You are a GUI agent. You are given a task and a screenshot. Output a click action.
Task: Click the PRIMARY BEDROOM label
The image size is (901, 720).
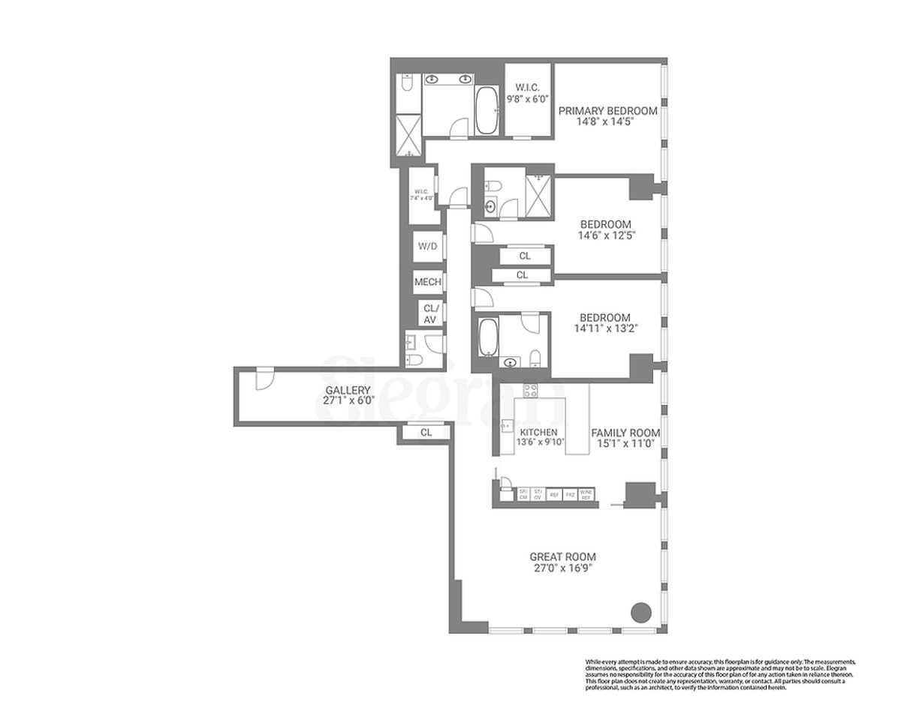(607, 110)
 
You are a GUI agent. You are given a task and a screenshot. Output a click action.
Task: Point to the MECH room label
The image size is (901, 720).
(428, 283)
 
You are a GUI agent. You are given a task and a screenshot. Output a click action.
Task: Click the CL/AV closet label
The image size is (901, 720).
(430, 313)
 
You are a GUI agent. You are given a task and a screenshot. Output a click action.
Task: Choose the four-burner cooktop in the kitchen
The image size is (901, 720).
(530, 390)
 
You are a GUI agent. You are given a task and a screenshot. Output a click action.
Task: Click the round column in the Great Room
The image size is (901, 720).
(640, 611)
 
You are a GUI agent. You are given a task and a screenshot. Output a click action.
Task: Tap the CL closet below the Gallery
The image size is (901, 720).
(426, 432)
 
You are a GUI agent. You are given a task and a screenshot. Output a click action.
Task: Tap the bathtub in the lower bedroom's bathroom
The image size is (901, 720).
(487, 337)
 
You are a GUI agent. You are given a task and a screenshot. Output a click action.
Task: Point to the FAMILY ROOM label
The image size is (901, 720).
(625, 433)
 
